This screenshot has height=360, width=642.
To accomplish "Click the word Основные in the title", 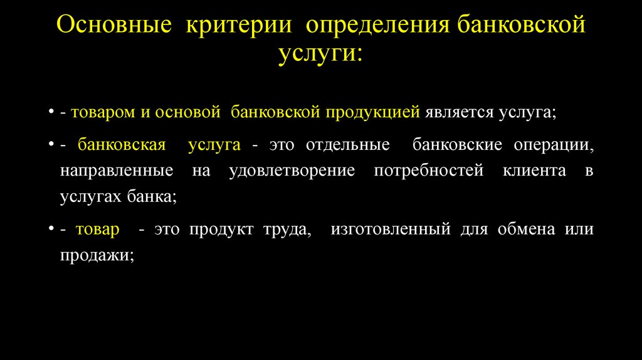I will pyautogui.click(x=115, y=26).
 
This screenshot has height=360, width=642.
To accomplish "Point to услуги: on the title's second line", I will pyautogui.click(x=320, y=53).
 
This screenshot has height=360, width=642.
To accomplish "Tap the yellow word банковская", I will pyautogui.click(x=122, y=145).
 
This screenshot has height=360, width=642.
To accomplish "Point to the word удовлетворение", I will pyautogui.click(x=283, y=171).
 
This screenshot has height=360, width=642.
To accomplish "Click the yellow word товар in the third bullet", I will pyautogui.click(x=97, y=230).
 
